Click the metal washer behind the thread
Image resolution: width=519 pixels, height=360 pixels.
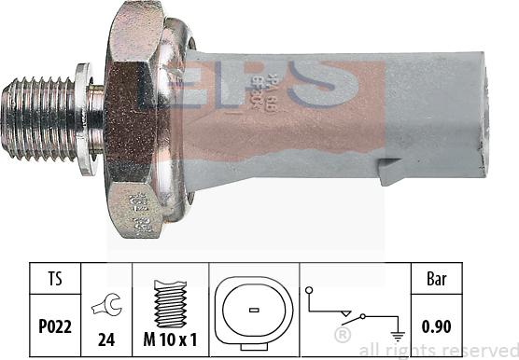pos(85,118)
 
